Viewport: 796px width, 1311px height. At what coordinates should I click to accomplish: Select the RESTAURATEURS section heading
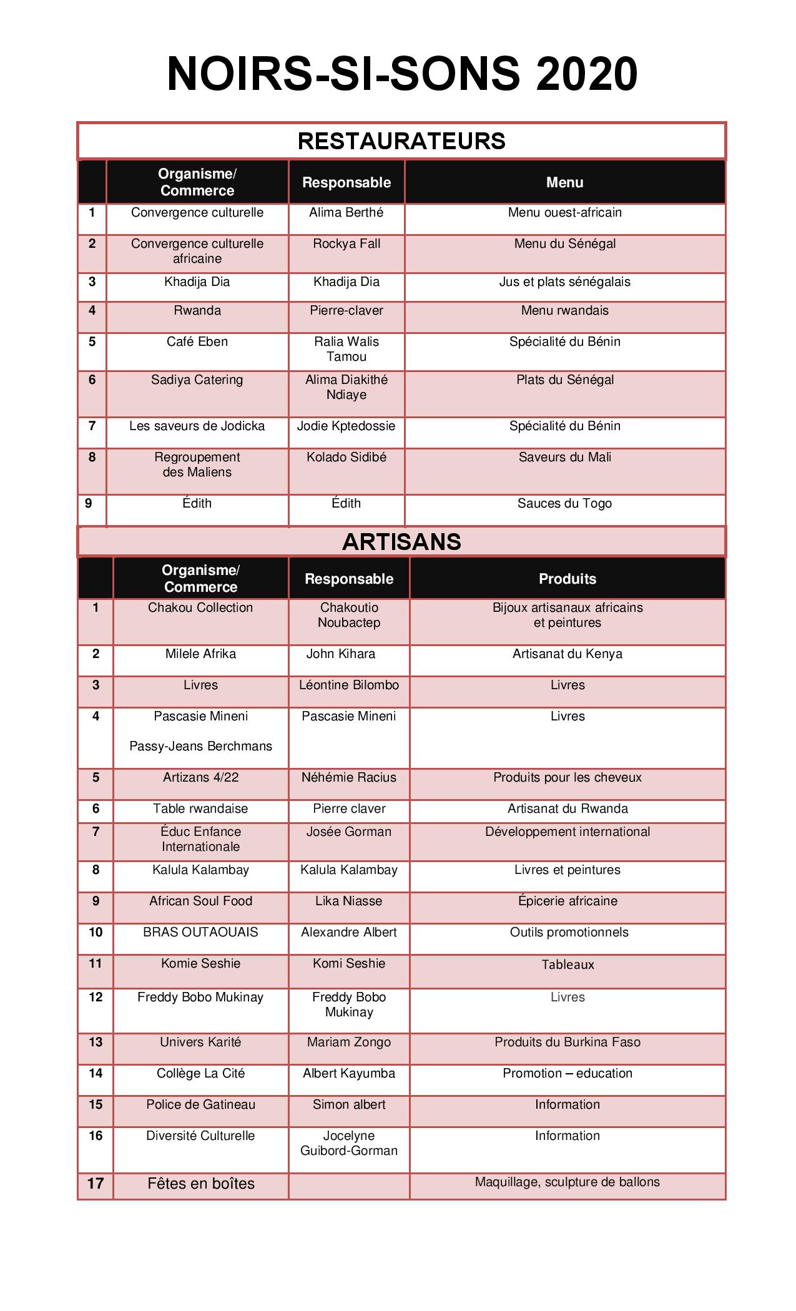click(401, 141)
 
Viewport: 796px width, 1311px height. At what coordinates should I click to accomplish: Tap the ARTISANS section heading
click(401, 542)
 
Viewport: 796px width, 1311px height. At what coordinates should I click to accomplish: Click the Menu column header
click(564, 182)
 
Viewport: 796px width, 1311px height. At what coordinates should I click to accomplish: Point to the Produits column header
click(567, 579)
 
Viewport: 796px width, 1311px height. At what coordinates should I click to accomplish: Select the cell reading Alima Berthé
click(346, 213)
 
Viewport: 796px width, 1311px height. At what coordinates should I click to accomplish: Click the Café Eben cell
click(197, 342)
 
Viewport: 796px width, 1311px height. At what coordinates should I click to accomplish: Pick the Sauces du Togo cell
click(564, 504)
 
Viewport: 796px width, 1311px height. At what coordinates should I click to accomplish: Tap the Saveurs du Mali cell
click(564, 458)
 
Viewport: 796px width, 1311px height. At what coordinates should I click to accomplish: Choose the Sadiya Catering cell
click(197, 380)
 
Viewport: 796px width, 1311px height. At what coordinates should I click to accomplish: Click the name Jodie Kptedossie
click(346, 426)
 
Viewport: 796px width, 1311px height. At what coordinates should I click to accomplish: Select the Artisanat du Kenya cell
click(567, 654)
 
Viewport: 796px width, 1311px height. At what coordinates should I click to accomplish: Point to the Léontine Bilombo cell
click(348, 685)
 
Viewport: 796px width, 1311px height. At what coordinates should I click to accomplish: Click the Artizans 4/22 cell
click(200, 778)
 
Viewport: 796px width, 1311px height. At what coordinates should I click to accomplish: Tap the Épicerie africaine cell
click(567, 901)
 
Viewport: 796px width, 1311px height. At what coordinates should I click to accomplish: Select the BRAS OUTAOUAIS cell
click(200, 933)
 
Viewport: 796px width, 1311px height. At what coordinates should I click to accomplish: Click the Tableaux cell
click(567, 965)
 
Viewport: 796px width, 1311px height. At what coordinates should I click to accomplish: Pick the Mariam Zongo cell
click(348, 1043)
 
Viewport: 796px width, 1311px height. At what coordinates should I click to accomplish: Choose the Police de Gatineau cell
click(200, 1105)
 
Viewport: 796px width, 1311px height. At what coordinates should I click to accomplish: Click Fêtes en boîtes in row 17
click(200, 1184)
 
